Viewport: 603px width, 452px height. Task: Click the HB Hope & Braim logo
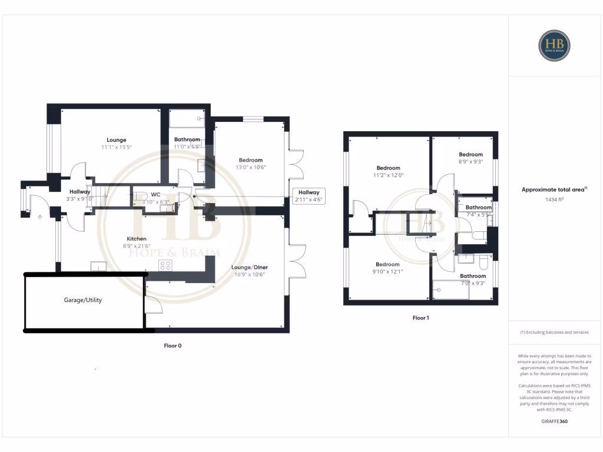554,45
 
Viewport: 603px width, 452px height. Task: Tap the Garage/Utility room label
83,300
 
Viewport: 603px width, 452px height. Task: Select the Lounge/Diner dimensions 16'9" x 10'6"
251,274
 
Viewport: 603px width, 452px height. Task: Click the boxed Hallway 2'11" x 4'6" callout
309,196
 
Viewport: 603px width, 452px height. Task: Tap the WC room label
155,194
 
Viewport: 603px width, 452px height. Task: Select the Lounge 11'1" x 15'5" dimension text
116,147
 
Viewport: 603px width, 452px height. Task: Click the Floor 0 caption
173,345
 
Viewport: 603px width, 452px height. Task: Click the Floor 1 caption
420,318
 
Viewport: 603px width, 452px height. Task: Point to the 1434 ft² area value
554,200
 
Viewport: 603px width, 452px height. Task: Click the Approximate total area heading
554,190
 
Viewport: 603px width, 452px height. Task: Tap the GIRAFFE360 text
554,421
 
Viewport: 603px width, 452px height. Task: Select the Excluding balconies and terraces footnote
554,333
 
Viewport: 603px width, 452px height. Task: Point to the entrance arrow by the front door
40,217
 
